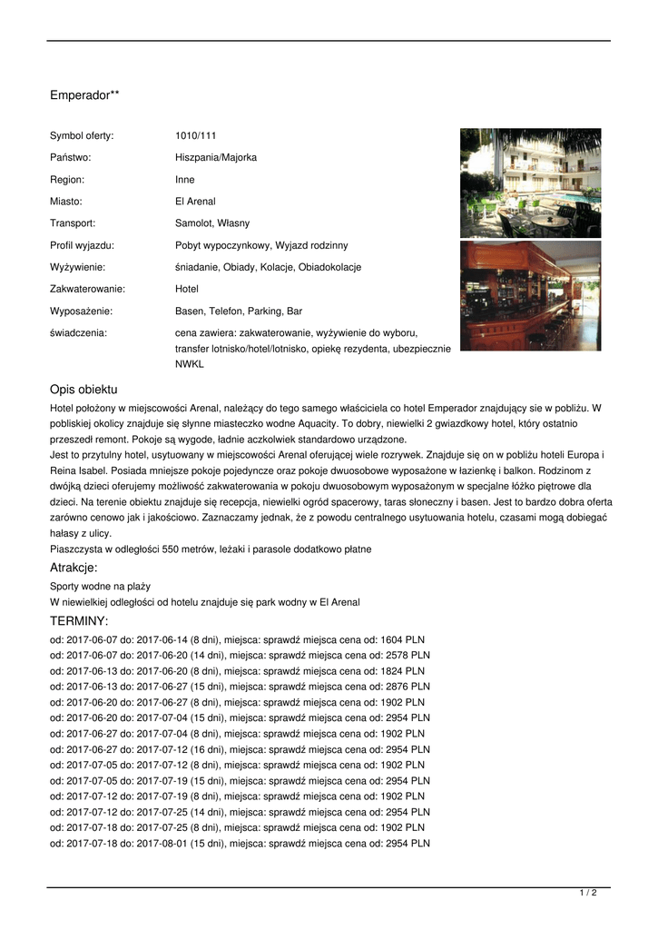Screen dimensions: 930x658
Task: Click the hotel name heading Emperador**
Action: coord(84,94)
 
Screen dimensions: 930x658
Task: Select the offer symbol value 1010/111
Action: coord(195,136)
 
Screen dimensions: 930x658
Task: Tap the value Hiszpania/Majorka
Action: coord(216,158)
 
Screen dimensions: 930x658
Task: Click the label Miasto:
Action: coord(66,202)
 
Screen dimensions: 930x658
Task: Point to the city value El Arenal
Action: coord(195,202)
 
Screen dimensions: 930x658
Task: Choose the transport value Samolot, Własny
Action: coord(212,223)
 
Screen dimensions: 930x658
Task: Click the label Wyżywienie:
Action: coord(77,267)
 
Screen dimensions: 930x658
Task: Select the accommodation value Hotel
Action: coord(187,289)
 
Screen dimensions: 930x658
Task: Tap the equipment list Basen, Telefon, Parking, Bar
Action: coord(239,311)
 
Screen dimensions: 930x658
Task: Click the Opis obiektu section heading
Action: coord(83,390)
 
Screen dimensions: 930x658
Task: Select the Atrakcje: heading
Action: coord(74,568)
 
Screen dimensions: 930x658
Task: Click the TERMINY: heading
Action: coord(79,621)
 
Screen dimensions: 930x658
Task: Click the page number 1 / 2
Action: coord(588,894)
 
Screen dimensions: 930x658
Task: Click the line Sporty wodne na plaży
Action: coord(100,587)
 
